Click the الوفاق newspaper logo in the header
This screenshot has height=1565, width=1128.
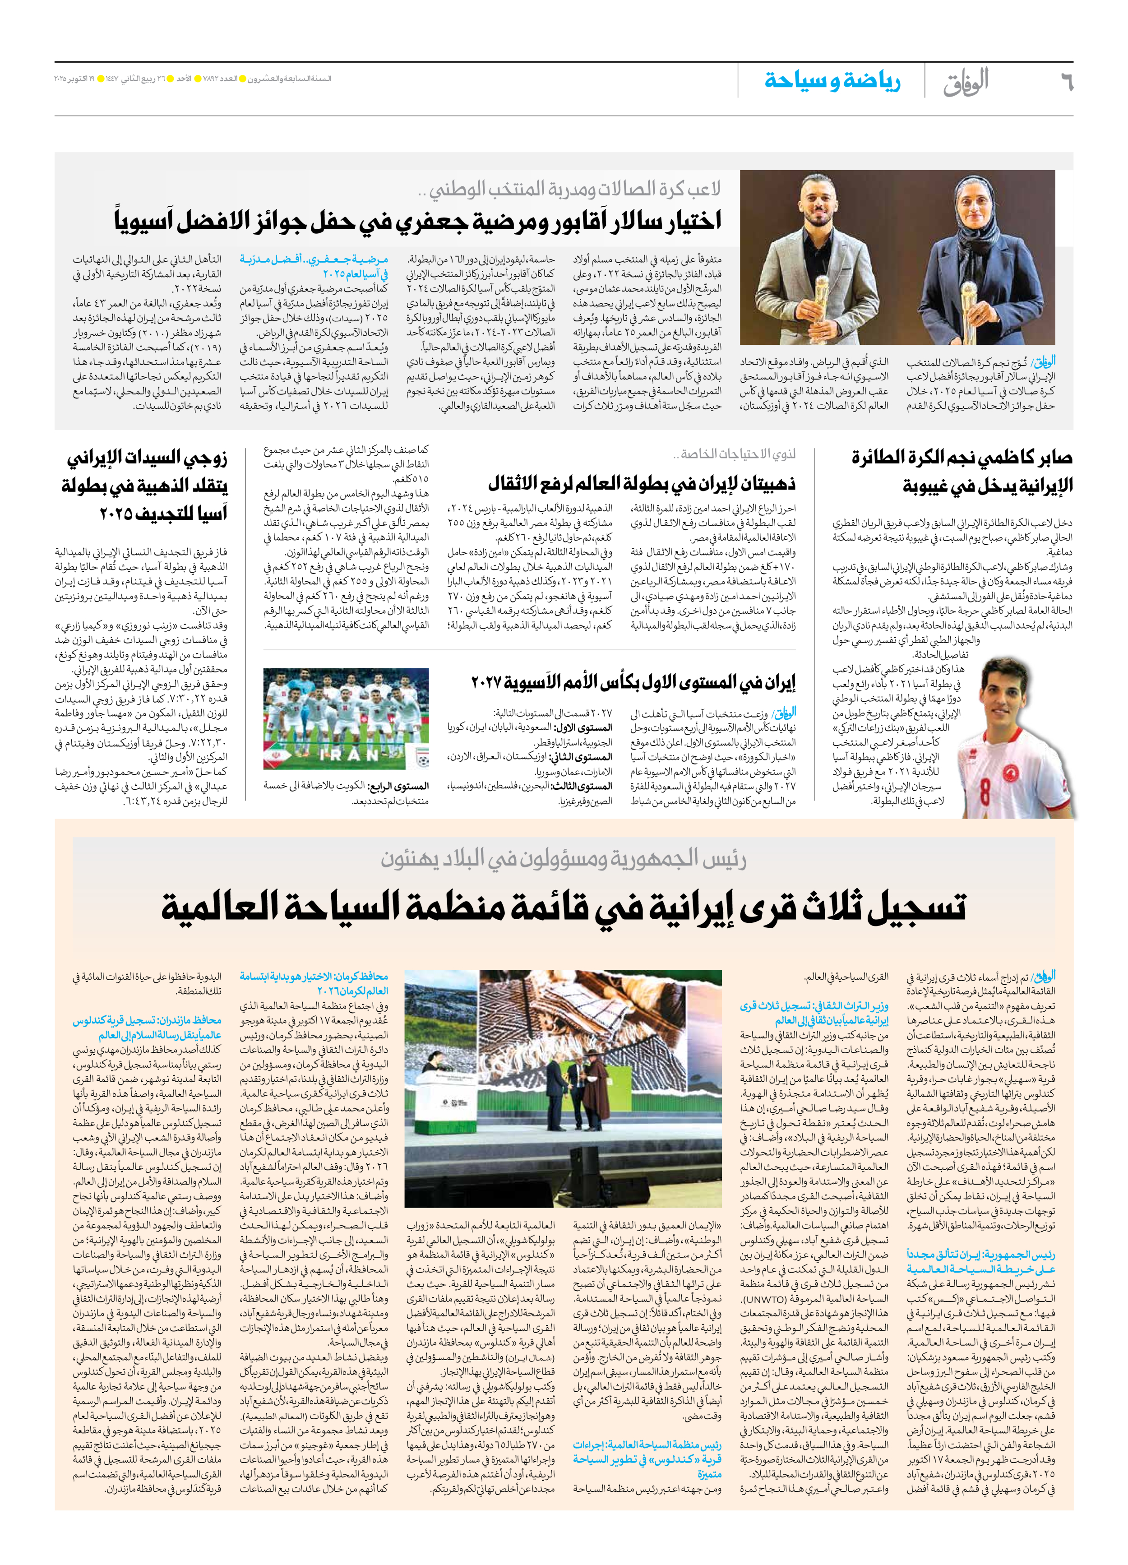pos(966,81)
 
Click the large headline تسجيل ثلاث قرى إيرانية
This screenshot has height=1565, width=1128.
pos(563,907)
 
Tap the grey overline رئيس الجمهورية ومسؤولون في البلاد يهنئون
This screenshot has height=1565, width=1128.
pos(563,858)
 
